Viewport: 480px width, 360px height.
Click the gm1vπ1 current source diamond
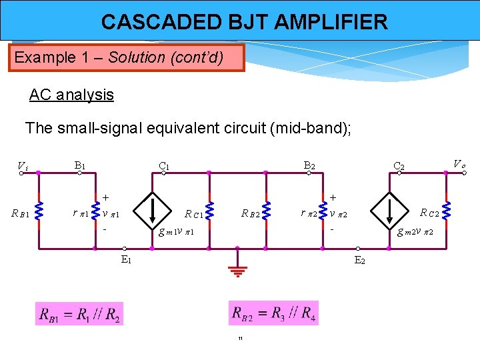click(x=152, y=209)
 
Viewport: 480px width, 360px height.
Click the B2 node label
click(x=309, y=165)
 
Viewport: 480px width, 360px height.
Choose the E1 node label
click(x=126, y=259)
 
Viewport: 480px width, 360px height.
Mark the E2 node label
click(x=359, y=259)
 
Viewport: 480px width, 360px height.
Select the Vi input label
click(x=22, y=166)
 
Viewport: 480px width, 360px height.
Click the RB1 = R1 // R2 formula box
click(x=79, y=314)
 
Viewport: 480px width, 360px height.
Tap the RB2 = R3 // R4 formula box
click(x=273, y=313)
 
